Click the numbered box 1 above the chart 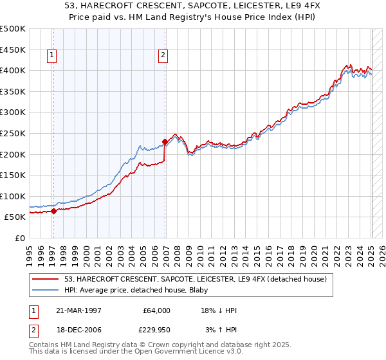pyautogui.click(x=52, y=55)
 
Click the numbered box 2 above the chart pyautogui.click(x=163, y=55)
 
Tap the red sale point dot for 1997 pyautogui.click(x=53, y=211)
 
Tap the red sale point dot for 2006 pyautogui.click(x=165, y=141)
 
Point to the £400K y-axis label pyautogui.click(x=13, y=69)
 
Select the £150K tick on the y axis pyautogui.click(x=13, y=175)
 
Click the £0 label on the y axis pyautogui.click(x=21, y=238)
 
